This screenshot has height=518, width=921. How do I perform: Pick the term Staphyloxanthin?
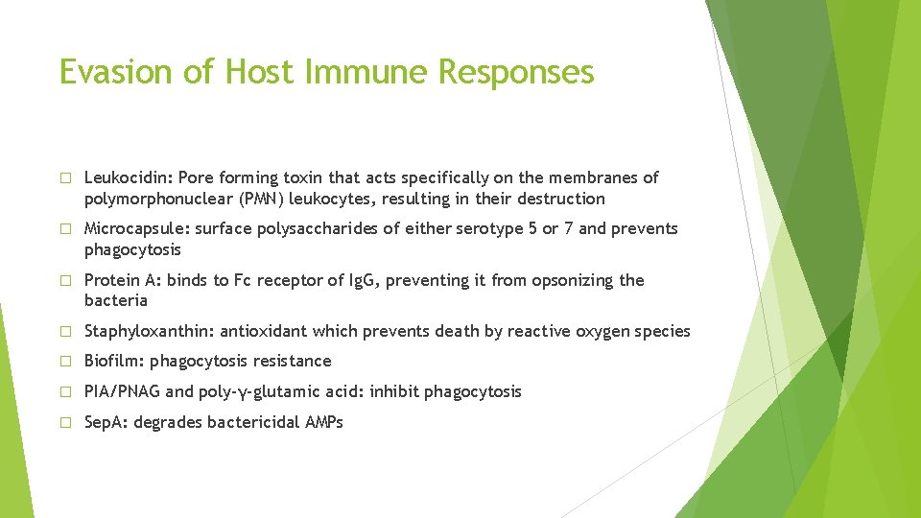[x=149, y=331]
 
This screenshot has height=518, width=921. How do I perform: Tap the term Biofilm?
[x=113, y=361]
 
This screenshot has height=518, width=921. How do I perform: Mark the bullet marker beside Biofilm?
[x=65, y=362]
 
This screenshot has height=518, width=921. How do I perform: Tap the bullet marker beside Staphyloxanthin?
[x=65, y=332]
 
